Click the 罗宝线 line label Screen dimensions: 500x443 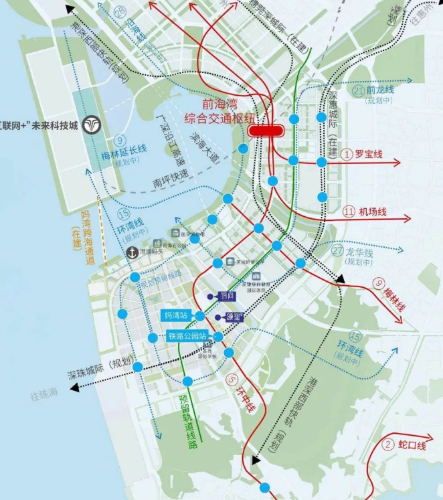pyautogui.click(x=368, y=155)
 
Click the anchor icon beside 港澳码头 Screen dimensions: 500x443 pyautogui.click(x=132, y=252)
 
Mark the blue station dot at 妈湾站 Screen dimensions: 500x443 pyautogui.click(x=199, y=315)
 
